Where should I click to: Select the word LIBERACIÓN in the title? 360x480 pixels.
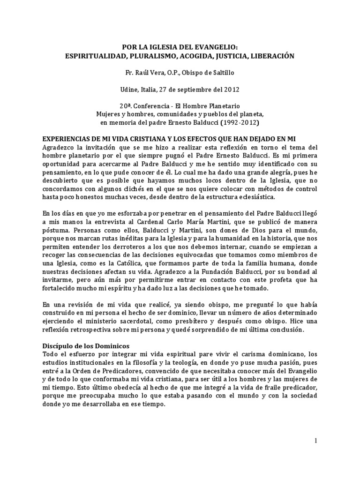pyautogui.click(x=268, y=56)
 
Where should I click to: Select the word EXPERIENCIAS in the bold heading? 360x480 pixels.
pyautogui.click(x=69, y=140)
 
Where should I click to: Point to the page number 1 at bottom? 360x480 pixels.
pyautogui.click(x=315, y=441)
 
